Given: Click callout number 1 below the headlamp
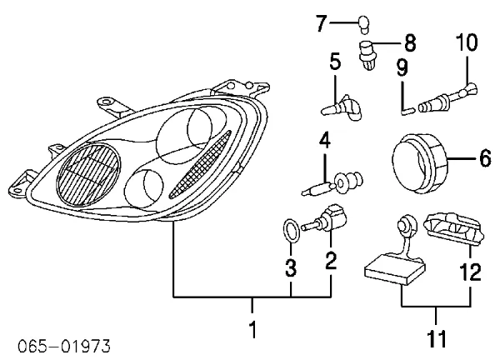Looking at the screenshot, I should pos(252,330).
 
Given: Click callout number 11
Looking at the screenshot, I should pos(436,338).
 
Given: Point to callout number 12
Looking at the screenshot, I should pos(469,271).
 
